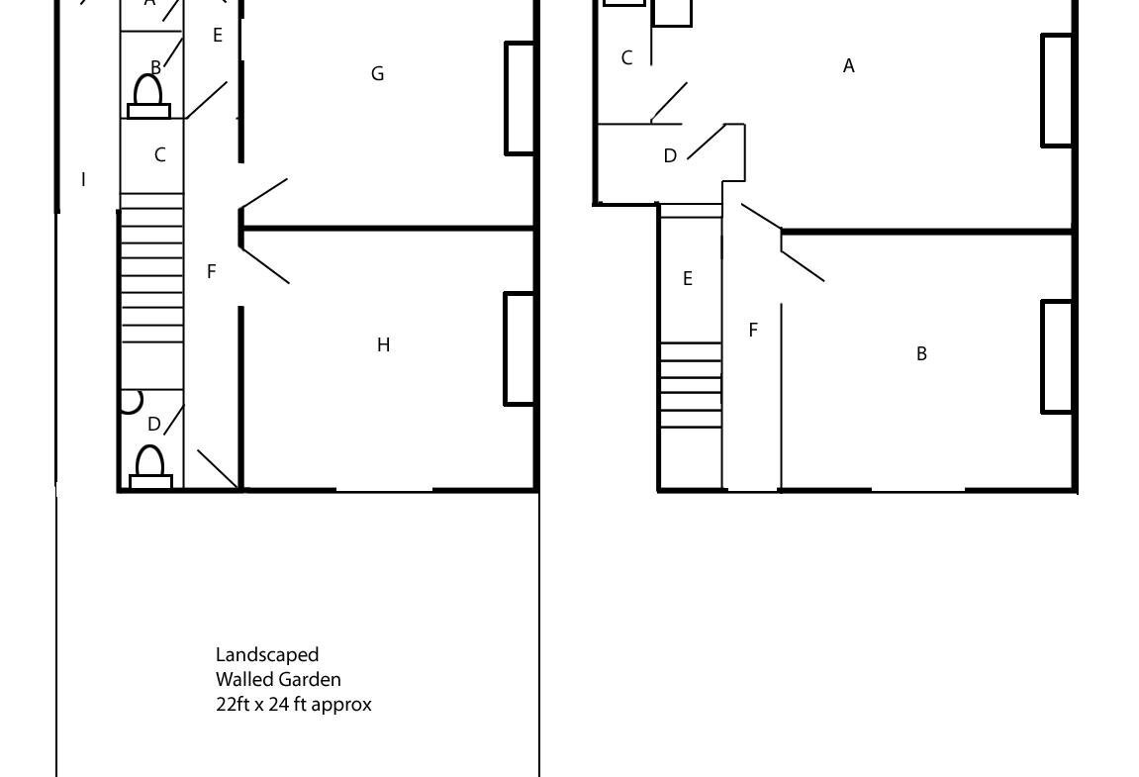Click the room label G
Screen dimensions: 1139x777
click(x=377, y=73)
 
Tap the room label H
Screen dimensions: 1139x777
click(x=384, y=344)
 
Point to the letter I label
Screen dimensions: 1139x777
click(x=83, y=179)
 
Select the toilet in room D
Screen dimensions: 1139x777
click(x=150, y=466)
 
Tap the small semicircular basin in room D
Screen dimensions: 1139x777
click(x=132, y=402)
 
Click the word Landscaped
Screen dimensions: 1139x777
click(x=267, y=655)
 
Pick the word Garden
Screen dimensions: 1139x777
click(x=310, y=680)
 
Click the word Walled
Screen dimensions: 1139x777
click(x=244, y=680)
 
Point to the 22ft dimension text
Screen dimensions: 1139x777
click(x=232, y=704)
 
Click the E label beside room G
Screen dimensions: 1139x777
click(x=217, y=35)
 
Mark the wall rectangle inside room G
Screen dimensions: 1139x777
click(x=521, y=99)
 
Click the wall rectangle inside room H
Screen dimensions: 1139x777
click(x=521, y=348)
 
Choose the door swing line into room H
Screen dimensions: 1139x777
click(x=264, y=264)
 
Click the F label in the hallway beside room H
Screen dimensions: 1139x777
click(x=212, y=272)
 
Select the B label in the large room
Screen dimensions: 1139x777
click(x=921, y=354)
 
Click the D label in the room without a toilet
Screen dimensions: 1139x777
click(x=670, y=155)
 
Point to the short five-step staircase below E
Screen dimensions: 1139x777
click(x=690, y=385)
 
